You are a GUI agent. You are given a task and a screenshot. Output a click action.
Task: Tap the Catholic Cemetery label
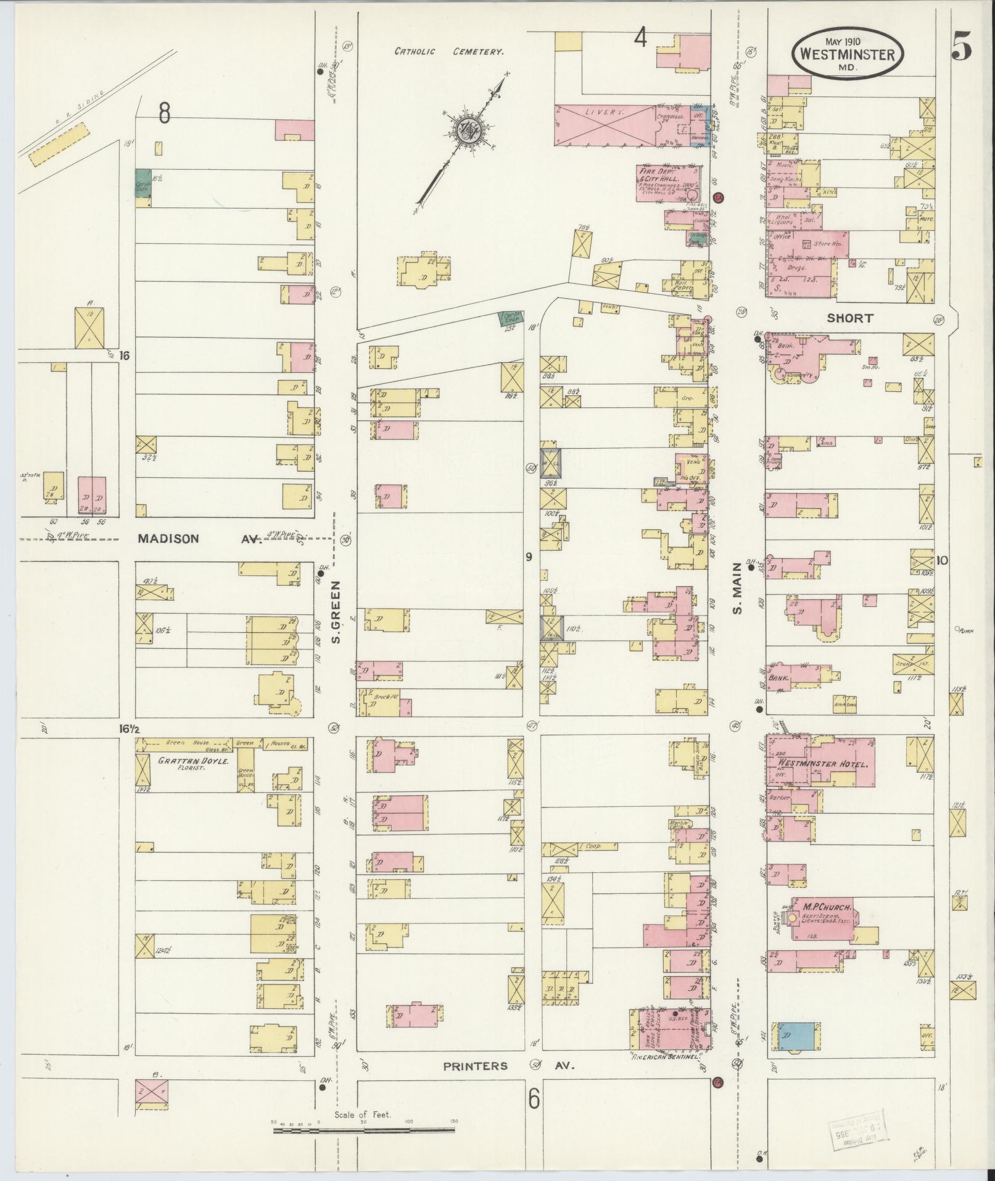click(x=448, y=52)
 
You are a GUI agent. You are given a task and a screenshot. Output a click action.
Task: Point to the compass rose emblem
click(x=463, y=129)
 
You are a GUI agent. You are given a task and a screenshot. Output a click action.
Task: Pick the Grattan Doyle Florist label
click(x=194, y=764)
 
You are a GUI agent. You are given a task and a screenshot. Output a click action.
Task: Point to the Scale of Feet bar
click(x=364, y=1131)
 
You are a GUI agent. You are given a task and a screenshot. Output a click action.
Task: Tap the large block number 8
click(x=163, y=113)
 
